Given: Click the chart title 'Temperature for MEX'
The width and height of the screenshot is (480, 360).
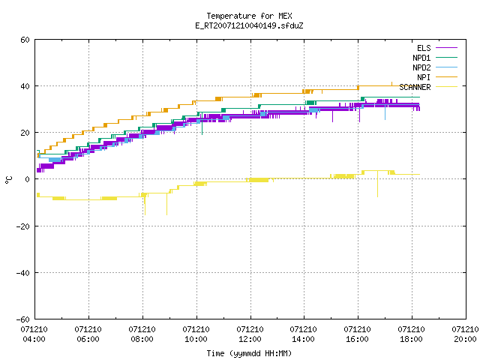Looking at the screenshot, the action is pyautogui.click(x=249, y=16).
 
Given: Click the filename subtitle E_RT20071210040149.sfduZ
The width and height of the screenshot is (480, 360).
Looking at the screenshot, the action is pyautogui.click(x=249, y=25).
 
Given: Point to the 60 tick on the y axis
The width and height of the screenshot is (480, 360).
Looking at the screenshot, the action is pyautogui.click(x=25, y=40).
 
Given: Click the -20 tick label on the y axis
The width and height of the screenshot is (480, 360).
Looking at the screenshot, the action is pyautogui.click(x=23, y=226).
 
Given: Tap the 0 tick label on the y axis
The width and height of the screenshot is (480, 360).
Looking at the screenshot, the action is pyautogui.click(x=28, y=179).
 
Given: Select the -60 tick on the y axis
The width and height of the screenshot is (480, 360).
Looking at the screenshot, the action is pyautogui.click(x=23, y=319).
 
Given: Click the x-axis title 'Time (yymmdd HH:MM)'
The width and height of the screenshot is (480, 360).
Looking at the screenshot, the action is pyautogui.click(x=249, y=353).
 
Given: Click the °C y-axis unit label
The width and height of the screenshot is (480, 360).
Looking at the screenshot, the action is pyautogui.click(x=8, y=180).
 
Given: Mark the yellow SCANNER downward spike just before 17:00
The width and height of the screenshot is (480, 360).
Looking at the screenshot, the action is pyautogui.click(x=377, y=184).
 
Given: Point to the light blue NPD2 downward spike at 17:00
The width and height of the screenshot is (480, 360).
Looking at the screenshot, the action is pyautogui.click(x=385, y=112).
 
